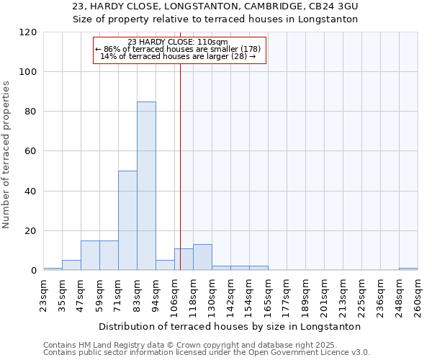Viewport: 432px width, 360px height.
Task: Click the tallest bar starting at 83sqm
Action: [146, 186]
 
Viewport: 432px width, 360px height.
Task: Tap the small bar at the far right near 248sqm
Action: [408, 269]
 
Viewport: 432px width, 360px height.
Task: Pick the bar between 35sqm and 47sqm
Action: [71, 265]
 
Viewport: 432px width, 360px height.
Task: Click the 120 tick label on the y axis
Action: [28, 32]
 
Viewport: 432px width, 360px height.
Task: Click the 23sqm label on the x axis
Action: [43, 294]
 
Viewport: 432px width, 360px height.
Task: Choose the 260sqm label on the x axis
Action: [418, 294]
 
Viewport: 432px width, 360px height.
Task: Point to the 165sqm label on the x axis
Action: [268, 294]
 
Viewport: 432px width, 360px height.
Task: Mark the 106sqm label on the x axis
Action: [174, 294]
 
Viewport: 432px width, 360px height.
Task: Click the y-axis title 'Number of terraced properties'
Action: [7, 155]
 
